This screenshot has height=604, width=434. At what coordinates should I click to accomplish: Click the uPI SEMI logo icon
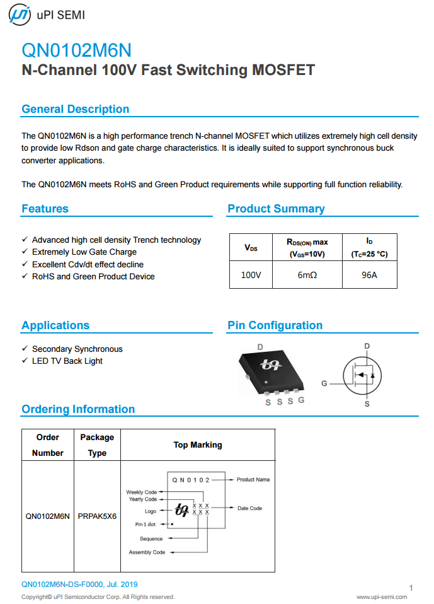[19, 15]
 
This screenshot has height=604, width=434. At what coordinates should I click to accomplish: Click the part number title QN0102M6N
[76, 50]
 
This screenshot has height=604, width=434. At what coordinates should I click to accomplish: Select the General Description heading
[75, 109]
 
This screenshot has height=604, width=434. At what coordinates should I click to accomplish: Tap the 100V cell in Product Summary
[251, 275]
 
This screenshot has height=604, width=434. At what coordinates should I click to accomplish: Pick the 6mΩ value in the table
[307, 275]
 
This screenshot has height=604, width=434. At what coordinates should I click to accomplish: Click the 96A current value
[369, 275]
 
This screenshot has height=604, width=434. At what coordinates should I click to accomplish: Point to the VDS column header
[251, 248]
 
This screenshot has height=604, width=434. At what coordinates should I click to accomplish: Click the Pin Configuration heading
[275, 325]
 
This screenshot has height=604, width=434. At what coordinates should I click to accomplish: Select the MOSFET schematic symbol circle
[362, 376]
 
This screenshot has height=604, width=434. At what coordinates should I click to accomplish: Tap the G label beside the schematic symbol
[324, 383]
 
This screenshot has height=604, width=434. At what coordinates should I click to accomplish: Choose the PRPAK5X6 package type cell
[97, 516]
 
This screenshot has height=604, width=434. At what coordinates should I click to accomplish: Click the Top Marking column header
[197, 445]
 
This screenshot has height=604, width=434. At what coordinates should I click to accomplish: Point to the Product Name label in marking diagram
[253, 480]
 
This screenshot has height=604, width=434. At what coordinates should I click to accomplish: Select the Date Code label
[249, 508]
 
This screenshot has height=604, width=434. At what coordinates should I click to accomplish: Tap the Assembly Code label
[147, 552]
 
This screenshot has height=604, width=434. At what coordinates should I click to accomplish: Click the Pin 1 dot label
[146, 524]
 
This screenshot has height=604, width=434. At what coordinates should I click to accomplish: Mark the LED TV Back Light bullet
[67, 361]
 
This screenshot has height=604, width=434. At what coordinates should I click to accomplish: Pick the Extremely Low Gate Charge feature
[84, 252]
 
